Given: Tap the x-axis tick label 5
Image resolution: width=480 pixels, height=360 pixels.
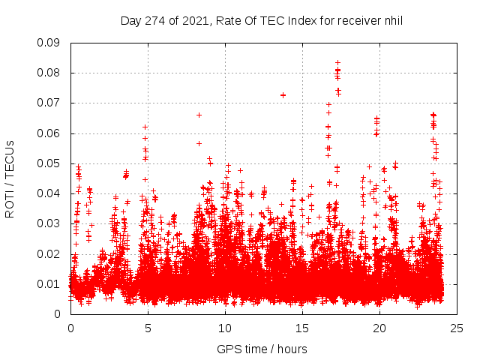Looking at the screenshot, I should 148,328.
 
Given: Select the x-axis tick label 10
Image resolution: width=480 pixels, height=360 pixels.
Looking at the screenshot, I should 225,328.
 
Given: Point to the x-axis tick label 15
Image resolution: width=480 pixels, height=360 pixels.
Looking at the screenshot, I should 302,328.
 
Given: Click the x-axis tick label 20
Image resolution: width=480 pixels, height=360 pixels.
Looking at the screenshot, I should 379,328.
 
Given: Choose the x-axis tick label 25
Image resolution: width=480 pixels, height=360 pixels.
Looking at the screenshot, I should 457,328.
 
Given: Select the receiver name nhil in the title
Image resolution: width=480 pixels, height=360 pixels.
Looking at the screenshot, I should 391,20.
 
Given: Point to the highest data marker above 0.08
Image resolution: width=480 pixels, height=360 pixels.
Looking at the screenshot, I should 337,62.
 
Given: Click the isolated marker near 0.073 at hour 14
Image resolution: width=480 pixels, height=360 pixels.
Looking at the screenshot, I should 283,95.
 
